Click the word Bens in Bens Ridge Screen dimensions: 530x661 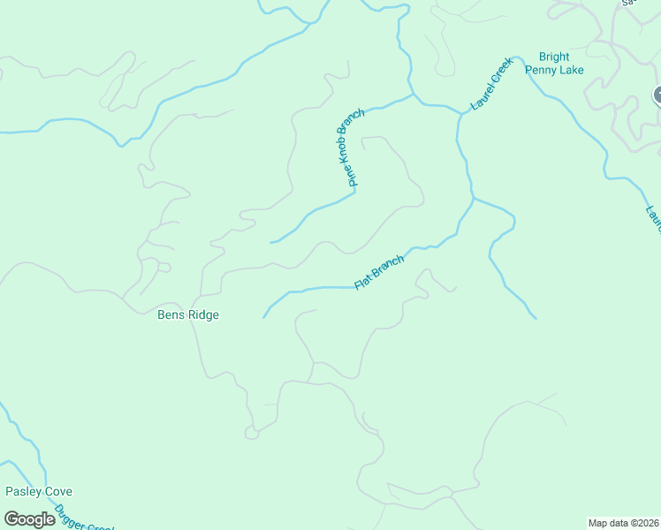(171, 314)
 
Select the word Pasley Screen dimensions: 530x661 (24, 491)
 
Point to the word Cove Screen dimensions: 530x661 (58, 491)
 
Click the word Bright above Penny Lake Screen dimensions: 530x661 (547, 57)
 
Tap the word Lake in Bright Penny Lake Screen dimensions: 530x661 (570, 70)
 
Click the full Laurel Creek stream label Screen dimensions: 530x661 (491, 84)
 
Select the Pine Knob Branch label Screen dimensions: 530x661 (351, 148)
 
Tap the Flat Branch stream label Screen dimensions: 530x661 (379, 272)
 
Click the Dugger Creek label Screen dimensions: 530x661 (83, 519)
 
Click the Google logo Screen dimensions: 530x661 (29, 519)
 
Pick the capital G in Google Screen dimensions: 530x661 (11, 519)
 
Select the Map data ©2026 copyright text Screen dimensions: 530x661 (623, 523)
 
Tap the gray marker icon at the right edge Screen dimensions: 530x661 (657, 95)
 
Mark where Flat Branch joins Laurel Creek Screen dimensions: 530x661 (474, 200)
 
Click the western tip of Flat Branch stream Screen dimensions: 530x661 (264, 317)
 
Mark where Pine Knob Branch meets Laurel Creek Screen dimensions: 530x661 (414, 95)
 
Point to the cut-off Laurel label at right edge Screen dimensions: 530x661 (653, 221)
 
